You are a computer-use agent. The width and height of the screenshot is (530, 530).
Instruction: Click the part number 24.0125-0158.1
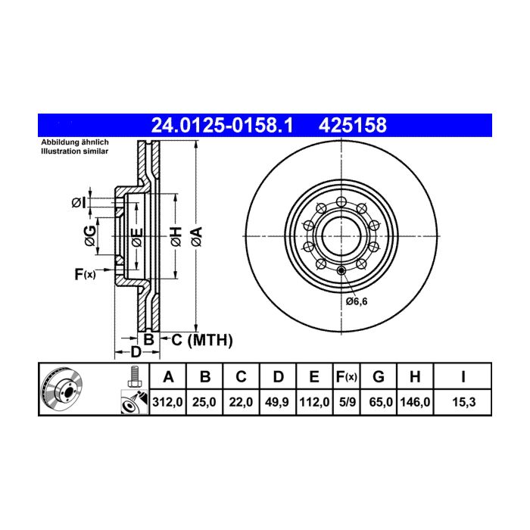click(222, 126)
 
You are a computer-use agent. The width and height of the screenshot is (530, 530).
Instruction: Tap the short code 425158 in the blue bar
click(353, 126)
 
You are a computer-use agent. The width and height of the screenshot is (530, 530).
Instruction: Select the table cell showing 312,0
click(167, 402)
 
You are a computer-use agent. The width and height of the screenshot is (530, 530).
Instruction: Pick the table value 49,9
click(278, 402)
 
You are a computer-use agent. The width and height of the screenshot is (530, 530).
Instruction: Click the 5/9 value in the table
click(347, 402)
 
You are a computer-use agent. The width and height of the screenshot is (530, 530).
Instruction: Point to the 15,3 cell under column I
click(463, 402)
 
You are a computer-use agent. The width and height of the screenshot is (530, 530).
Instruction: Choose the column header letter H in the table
click(415, 376)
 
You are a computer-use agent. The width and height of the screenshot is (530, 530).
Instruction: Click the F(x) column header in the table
click(347, 376)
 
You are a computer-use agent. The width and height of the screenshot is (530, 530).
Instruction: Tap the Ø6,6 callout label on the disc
click(357, 301)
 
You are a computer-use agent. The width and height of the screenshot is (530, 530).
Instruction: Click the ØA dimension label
click(197, 236)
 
